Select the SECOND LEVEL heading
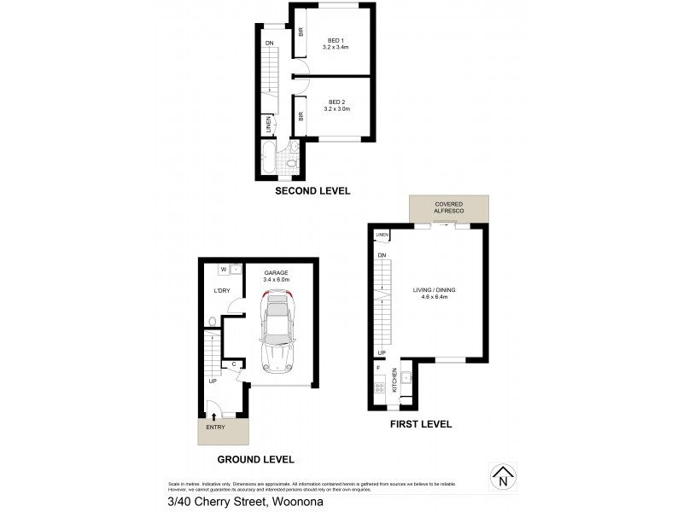click(x=312, y=191)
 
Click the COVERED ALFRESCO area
click(x=450, y=207)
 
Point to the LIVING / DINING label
click(x=435, y=290)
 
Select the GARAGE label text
click(x=276, y=272)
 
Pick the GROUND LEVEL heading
click(x=255, y=459)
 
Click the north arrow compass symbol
click(x=503, y=477)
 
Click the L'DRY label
click(x=222, y=291)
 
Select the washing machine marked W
click(x=223, y=269)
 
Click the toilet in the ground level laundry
click(x=212, y=323)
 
